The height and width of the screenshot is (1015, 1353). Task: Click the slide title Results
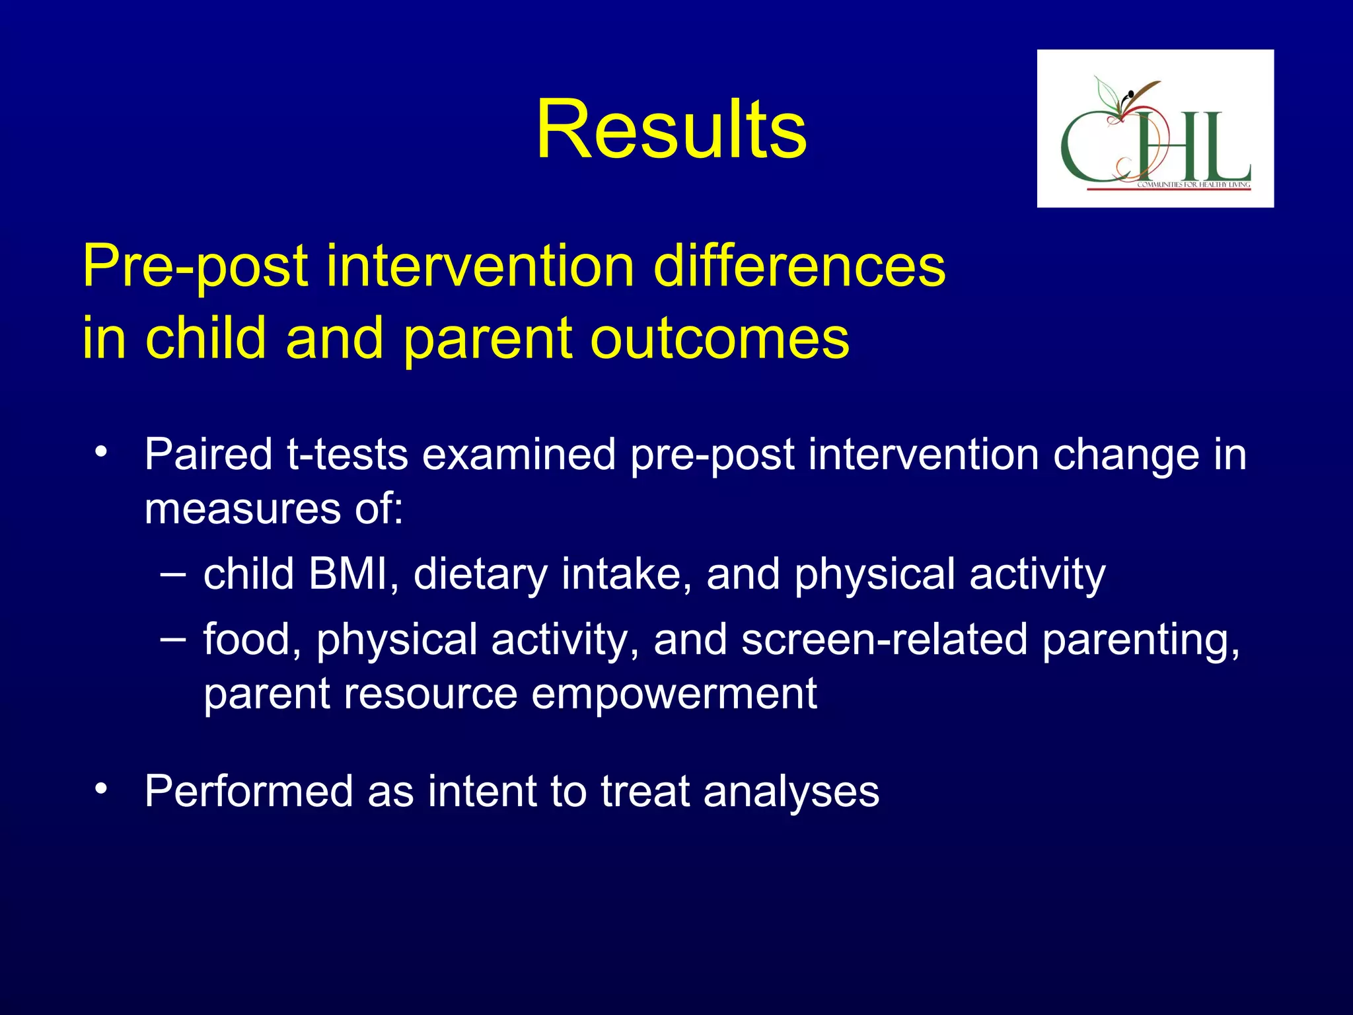coord(671,129)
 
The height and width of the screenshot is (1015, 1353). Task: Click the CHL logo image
coord(1155,128)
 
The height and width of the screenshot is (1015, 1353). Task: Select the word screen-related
coord(884,640)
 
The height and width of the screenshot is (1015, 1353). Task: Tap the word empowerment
coord(674,694)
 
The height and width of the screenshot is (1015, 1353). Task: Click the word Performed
coord(249,791)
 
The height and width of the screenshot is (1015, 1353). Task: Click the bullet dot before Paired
coord(100,453)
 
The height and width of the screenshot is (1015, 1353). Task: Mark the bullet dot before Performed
coord(100,789)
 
